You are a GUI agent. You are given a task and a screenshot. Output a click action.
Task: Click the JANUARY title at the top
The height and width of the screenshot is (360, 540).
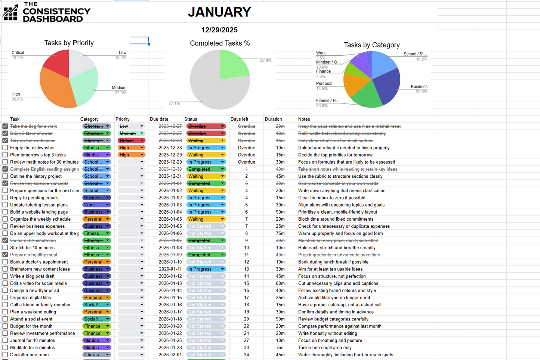[219, 12]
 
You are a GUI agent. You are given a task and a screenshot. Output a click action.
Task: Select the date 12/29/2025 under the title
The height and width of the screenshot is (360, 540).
[219, 30]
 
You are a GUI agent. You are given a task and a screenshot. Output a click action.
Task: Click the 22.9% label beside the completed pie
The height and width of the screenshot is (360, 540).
[265, 60]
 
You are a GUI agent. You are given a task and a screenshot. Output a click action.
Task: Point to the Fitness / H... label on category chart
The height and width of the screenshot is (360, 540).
[328, 101]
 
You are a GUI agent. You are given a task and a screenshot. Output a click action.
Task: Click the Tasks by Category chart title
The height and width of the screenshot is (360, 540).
[371, 45]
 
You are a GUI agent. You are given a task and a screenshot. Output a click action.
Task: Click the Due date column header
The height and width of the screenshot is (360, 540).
[159, 119]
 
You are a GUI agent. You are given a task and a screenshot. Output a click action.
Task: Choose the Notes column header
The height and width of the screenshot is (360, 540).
[304, 119]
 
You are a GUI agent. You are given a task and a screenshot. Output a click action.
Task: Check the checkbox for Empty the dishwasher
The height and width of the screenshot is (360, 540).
[5, 148]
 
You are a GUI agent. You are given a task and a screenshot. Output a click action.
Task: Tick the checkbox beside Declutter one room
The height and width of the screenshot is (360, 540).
[5, 355]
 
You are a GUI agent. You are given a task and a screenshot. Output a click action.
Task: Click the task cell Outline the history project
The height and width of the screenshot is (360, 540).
[36, 176]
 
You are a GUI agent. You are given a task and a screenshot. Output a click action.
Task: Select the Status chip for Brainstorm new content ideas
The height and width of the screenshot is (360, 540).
[206, 269]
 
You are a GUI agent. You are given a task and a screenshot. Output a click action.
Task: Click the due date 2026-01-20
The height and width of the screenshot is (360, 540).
[170, 326]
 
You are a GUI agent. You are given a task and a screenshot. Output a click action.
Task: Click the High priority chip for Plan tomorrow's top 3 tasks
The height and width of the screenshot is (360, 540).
[131, 155]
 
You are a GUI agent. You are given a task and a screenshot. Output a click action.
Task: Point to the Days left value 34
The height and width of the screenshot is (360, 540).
[246, 355]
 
